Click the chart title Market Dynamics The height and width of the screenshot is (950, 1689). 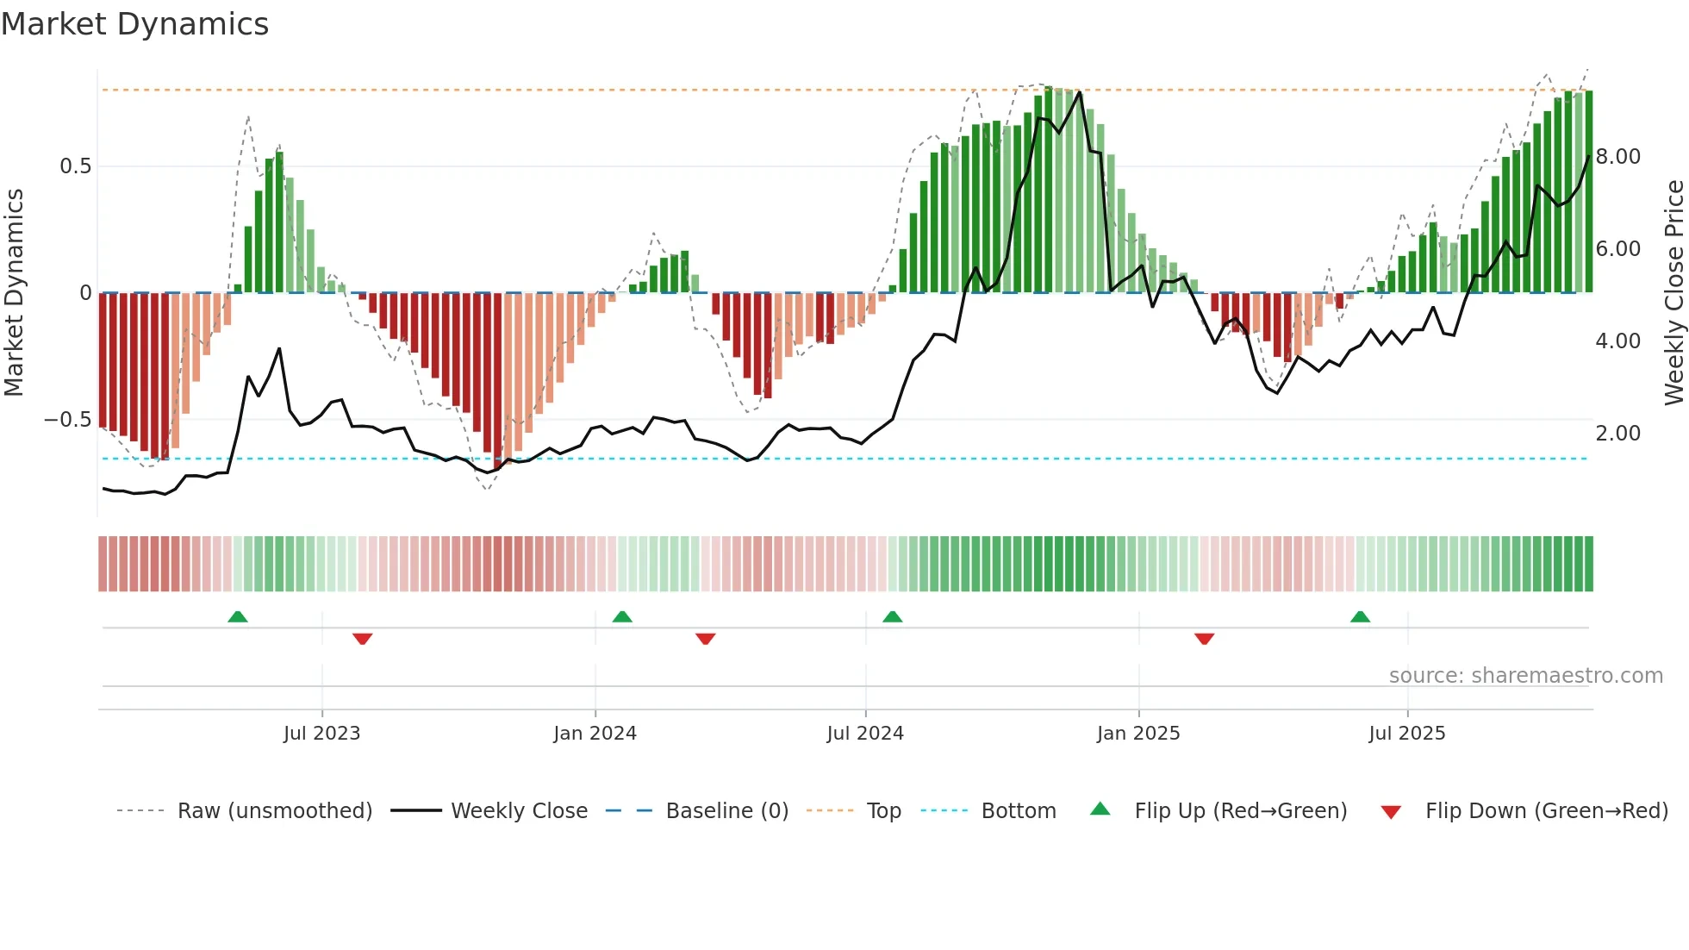click(x=134, y=24)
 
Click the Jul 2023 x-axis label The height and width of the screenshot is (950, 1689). click(x=321, y=734)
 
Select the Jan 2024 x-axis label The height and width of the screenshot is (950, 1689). click(x=595, y=734)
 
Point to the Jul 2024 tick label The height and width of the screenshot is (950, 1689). click(x=865, y=734)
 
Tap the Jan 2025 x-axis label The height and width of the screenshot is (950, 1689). click(x=1138, y=734)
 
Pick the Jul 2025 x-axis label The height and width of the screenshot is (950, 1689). click(x=1407, y=734)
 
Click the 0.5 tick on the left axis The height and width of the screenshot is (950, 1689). click(x=75, y=166)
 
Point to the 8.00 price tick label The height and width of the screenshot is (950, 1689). click(x=1618, y=157)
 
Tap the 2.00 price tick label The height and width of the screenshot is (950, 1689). click(x=1618, y=434)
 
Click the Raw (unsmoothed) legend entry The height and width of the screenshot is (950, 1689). click(x=274, y=811)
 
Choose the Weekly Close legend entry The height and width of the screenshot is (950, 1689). click(x=519, y=811)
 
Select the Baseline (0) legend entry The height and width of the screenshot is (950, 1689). click(x=726, y=811)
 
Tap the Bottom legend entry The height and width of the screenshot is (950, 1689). click(x=1018, y=811)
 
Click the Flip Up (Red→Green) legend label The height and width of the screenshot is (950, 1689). click(x=1240, y=811)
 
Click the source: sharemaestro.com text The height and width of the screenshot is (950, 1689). click(x=1525, y=676)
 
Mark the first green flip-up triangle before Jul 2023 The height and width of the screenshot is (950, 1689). click(x=238, y=616)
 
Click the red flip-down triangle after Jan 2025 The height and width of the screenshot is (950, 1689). click(x=1204, y=639)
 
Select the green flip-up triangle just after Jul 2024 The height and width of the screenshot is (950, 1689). click(x=893, y=616)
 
